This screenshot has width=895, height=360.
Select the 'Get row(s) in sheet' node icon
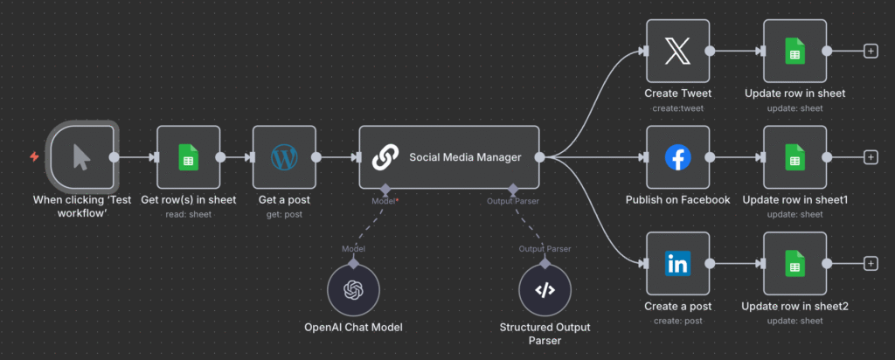click(188, 157)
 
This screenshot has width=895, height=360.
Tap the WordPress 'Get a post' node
click(284, 157)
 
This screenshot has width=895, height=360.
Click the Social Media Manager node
click(448, 157)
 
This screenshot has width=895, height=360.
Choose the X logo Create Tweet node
click(677, 52)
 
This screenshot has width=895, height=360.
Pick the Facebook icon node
click(677, 157)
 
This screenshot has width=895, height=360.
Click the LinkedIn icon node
click(677, 263)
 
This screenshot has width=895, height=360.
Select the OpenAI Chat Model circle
click(353, 289)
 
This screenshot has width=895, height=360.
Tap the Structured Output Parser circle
click(545, 289)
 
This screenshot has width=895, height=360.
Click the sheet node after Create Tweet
click(794, 52)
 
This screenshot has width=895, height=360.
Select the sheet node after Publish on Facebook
click(794, 157)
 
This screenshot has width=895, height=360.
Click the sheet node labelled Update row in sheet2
click(794, 263)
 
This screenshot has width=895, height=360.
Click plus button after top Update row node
click(871, 52)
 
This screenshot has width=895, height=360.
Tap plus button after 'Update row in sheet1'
click(871, 157)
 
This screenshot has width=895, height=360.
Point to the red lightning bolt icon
click(34, 157)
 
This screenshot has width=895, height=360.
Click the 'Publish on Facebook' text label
click(677, 200)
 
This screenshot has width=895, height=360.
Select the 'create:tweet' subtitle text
click(677, 107)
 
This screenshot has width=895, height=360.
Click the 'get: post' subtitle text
click(284, 213)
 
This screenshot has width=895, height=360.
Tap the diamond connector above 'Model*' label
click(384, 189)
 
